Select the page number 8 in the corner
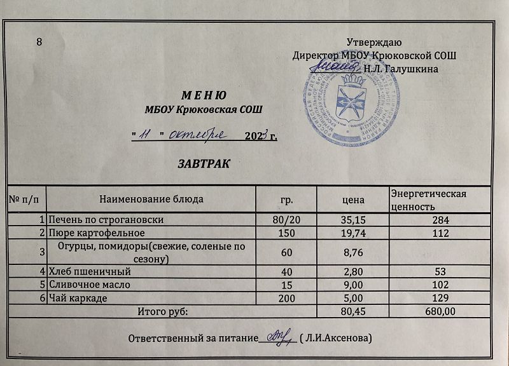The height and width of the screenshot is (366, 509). coord(40,43)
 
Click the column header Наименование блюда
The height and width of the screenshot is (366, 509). coord(151,199)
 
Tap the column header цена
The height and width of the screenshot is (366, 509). coord(353,200)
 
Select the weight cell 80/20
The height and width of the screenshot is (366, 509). coord(286,220)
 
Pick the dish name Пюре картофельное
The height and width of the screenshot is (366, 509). coord(93,233)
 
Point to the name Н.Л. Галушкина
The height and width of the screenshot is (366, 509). coord(400,67)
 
